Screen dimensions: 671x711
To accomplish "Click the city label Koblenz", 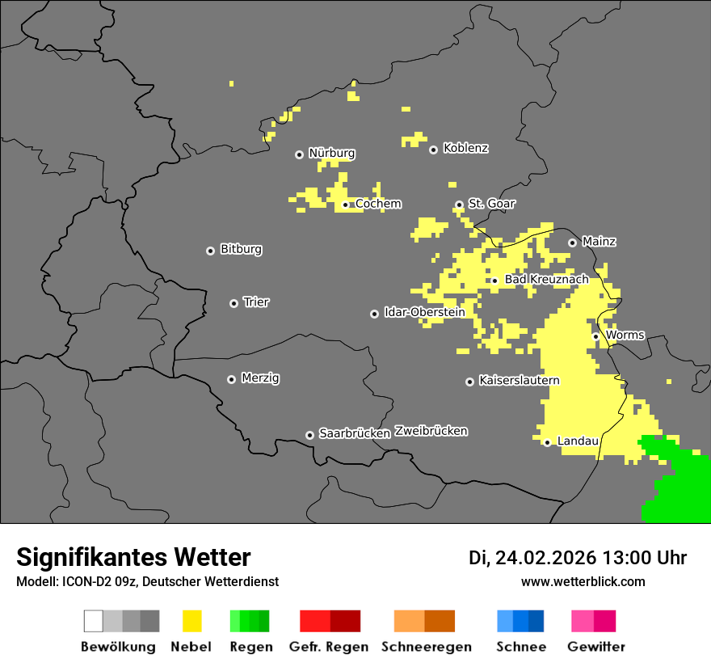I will click(x=465, y=148).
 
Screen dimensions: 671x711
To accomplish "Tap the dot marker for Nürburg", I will click(x=299, y=154).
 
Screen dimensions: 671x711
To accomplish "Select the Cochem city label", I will click(x=377, y=204).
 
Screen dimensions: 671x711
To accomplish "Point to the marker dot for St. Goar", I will click(x=459, y=205).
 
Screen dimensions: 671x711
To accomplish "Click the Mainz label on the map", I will click(x=599, y=241).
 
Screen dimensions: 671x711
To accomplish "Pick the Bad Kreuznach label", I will click(x=546, y=279).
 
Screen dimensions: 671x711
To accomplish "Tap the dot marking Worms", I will click(x=595, y=336).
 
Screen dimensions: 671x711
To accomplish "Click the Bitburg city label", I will click(x=241, y=249).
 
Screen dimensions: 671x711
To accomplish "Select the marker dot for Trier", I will click(x=233, y=303).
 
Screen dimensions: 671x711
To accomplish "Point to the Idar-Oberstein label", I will click(x=424, y=312).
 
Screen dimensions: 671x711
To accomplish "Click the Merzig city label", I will click(x=260, y=378).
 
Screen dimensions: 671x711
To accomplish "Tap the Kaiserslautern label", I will click(x=519, y=380).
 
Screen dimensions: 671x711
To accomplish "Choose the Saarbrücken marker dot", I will click(x=309, y=435).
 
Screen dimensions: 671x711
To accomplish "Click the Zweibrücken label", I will click(x=431, y=431).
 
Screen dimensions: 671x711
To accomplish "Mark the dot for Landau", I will click(x=547, y=442).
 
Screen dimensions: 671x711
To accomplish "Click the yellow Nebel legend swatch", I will click(x=191, y=621).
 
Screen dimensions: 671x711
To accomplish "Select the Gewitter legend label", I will click(x=595, y=647).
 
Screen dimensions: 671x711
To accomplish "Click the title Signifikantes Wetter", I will click(x=133, y=557).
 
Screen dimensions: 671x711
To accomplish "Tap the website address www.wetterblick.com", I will click(x=583, y=581).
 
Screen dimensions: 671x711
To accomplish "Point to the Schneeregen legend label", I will click(x=427, y=647).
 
